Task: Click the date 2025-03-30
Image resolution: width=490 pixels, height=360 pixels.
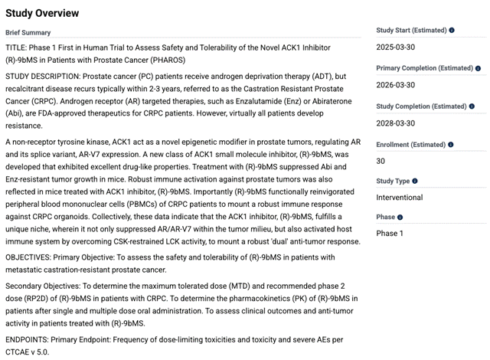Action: (397, 47)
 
